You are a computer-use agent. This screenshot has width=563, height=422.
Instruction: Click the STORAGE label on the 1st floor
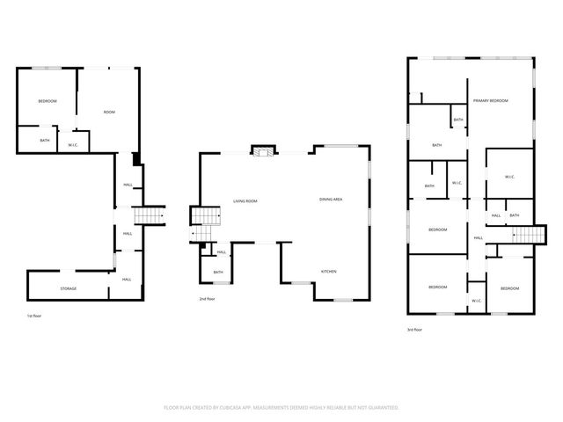pos(68,287)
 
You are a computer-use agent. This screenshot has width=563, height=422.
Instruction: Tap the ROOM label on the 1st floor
pos(109,112)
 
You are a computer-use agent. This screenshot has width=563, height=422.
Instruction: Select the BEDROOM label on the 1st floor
pos(47,101)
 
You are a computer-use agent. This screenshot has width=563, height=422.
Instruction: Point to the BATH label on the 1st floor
pos(44,140)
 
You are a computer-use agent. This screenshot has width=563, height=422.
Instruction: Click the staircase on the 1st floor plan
pos(150,216)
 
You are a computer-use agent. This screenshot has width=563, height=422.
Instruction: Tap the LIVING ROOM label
pos(245,201)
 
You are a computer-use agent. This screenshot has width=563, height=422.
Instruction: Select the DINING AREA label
pos(331,200)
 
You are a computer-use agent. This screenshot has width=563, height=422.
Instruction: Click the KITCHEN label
pos(328,271)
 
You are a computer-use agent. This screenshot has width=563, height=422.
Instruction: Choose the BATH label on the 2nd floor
pos(218,273)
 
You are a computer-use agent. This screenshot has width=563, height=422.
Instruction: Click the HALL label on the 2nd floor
pos(222,252)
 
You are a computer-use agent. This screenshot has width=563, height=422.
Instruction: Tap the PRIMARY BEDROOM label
pos(491,101)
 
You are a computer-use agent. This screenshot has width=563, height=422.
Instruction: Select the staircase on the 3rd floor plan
pos(524,234)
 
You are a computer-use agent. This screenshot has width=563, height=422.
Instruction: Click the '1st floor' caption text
pos(34,314)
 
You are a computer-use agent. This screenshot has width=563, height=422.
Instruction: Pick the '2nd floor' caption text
pos(208,299)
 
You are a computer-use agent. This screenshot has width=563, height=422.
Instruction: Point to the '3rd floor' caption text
pos(414,330)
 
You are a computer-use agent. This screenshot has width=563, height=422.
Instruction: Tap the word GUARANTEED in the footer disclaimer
pos(383,408)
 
